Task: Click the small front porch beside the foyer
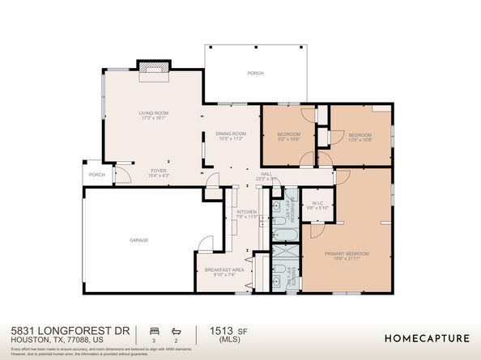[x=97, y=174]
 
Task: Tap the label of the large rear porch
[x=255, y=74]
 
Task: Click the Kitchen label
[x=246, y=213]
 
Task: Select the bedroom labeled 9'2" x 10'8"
[x=289, y=136]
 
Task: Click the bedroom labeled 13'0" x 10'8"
[x=360, y=136]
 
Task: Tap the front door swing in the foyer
[x=124, y=172]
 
